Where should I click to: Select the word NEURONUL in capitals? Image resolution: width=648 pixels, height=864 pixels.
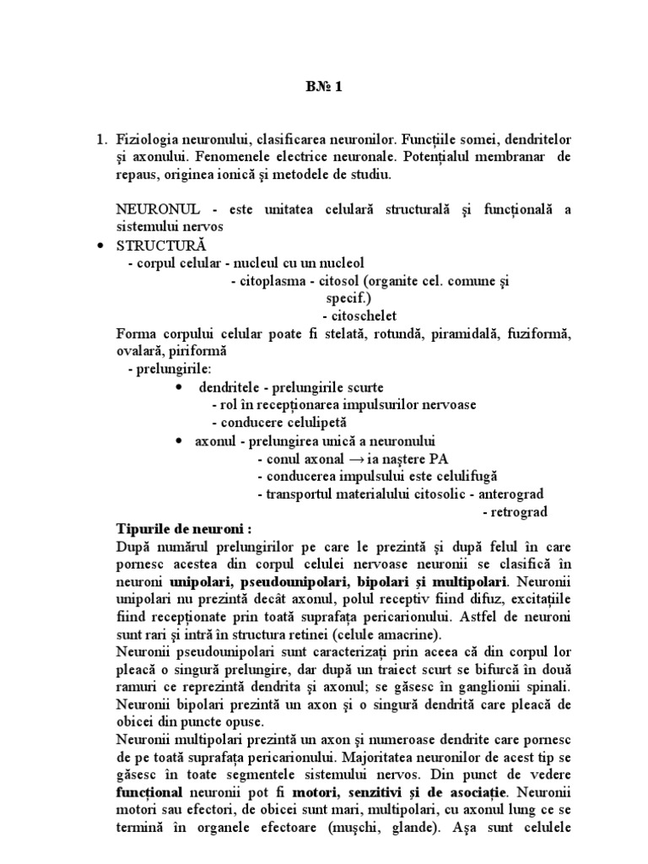tap(151, 210)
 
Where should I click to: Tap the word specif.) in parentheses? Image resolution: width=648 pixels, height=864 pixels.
tap(347, 298)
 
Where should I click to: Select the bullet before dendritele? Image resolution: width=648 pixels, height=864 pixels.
tap(180, 387)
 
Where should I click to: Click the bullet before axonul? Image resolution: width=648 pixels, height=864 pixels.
tap(180, 440)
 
